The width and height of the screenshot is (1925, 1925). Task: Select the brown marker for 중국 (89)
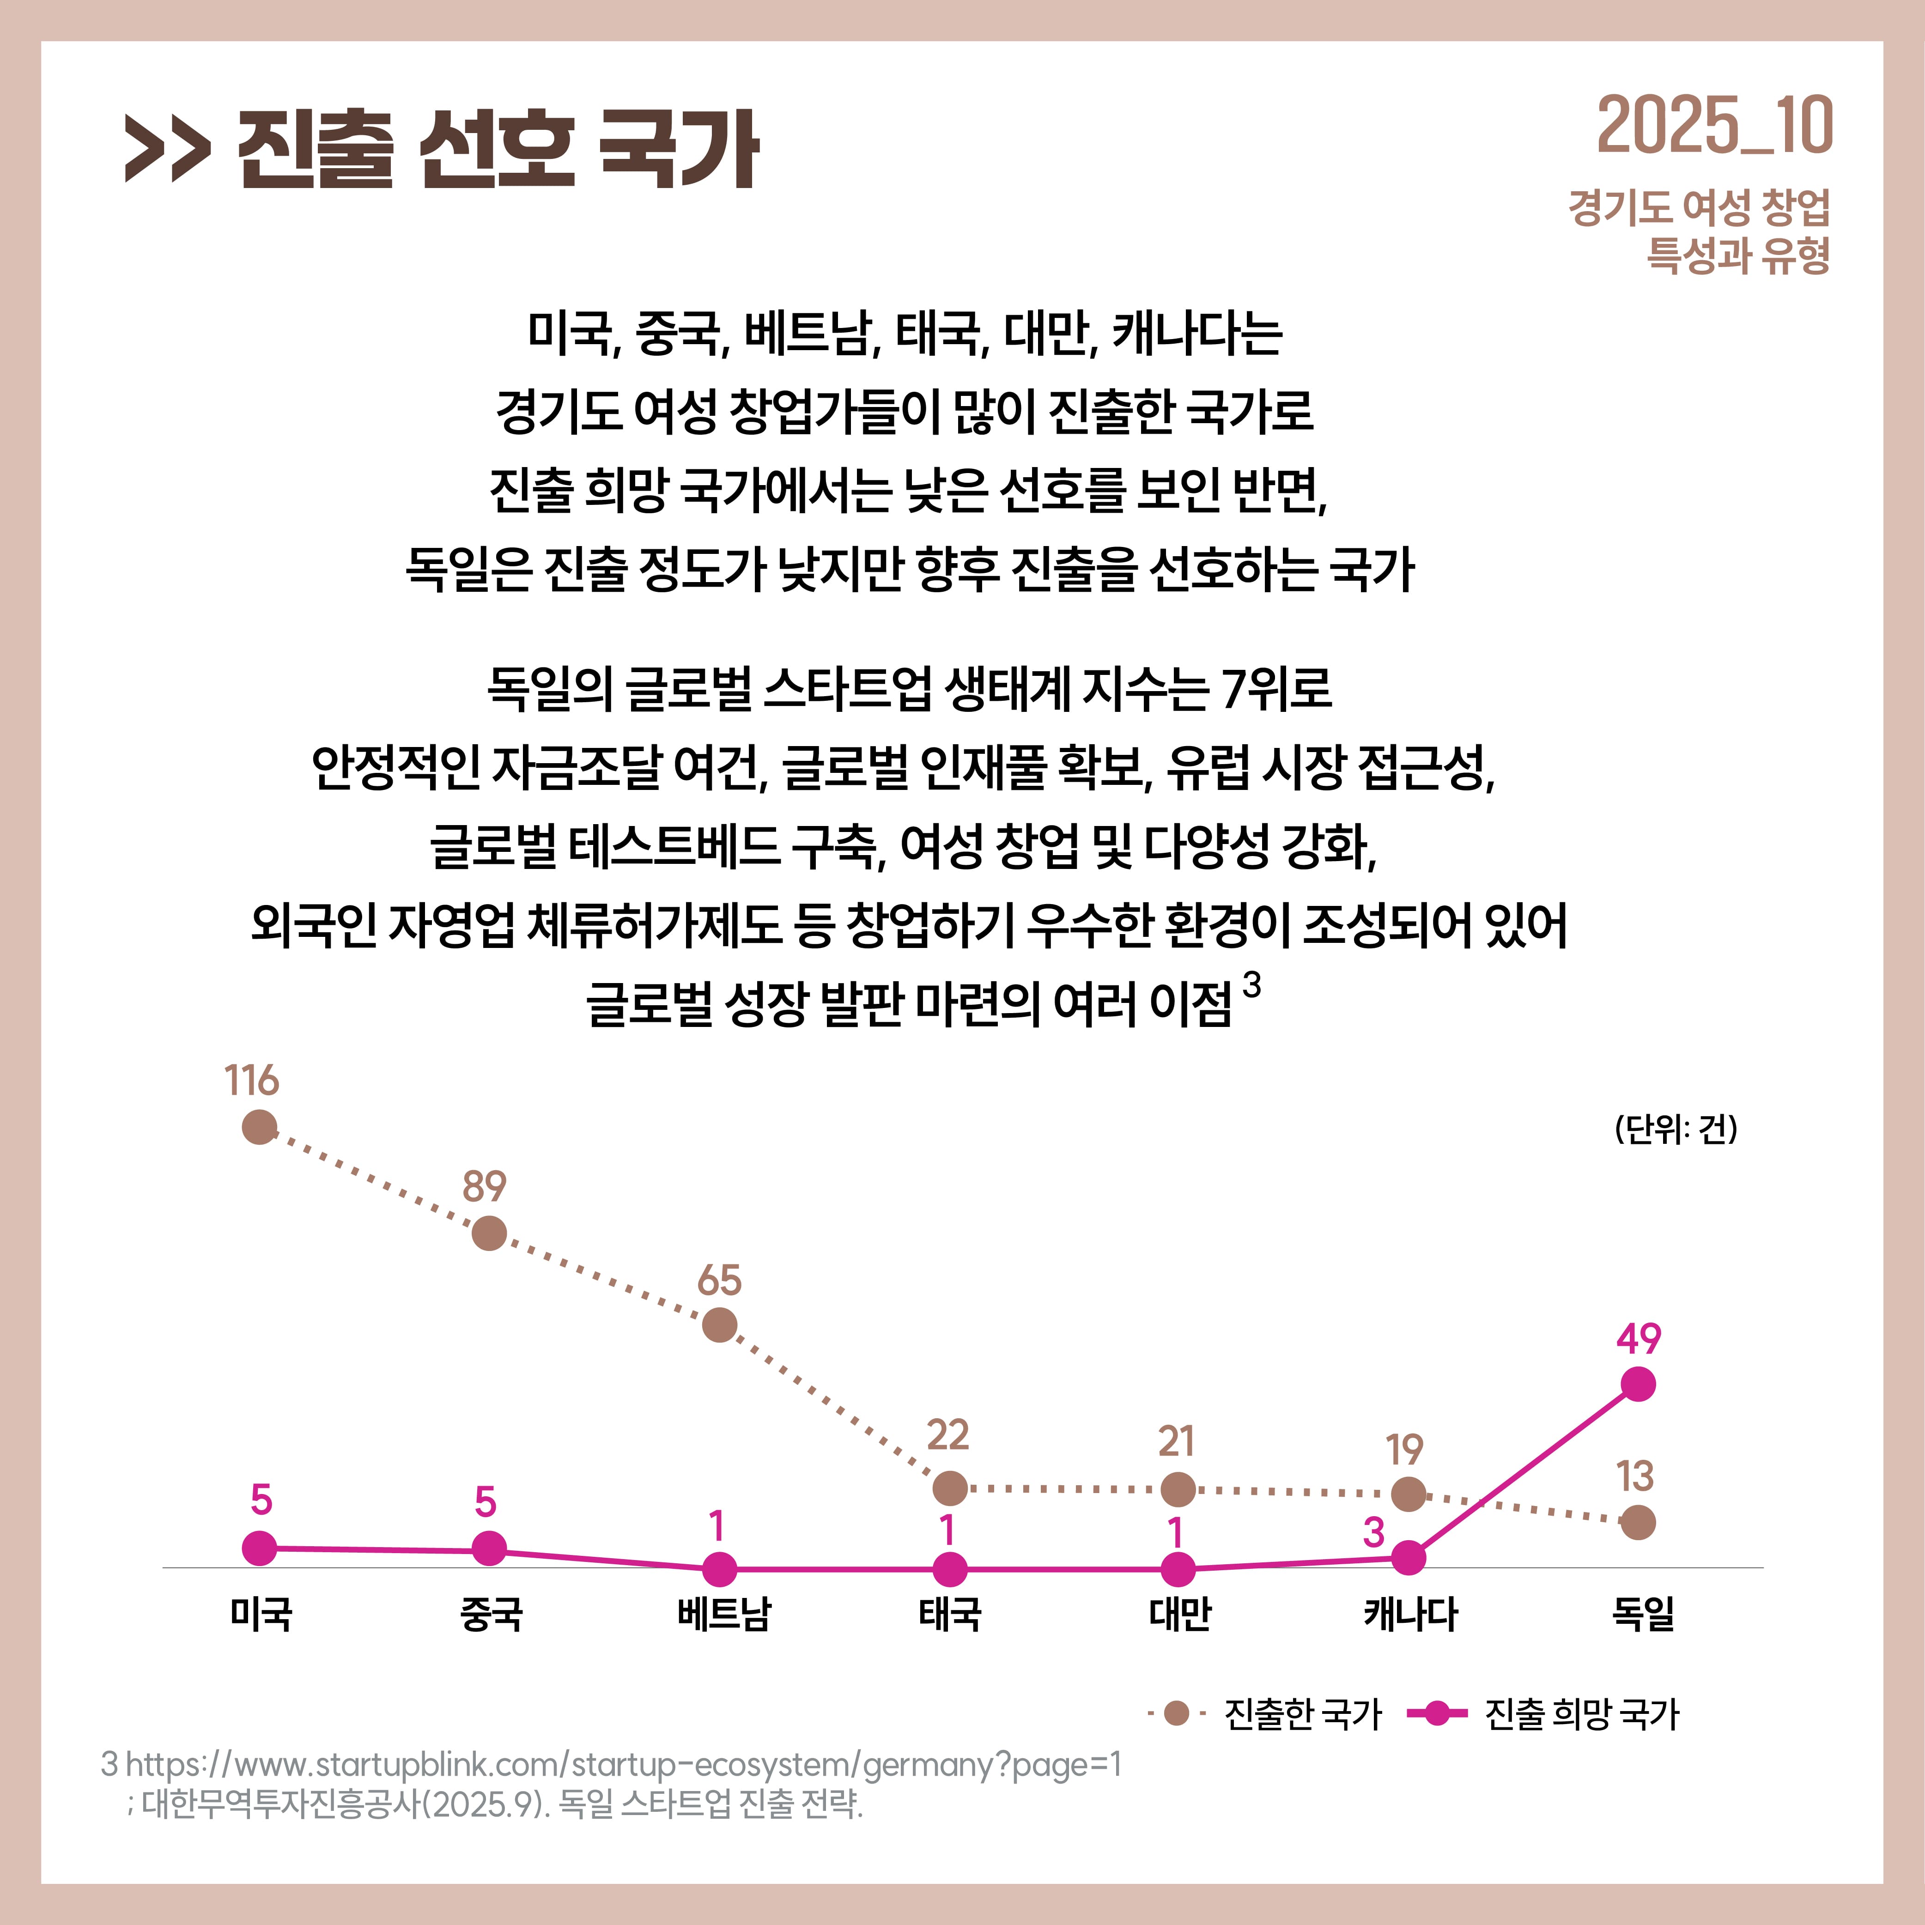point(488,1233)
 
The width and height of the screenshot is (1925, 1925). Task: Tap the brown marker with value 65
point(719,1325)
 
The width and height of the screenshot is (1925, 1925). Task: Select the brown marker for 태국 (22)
point(949,1488)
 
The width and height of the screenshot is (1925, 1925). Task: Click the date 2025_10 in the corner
point(1714,128)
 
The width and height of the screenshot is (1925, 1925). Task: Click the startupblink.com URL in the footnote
point(623,1765)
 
